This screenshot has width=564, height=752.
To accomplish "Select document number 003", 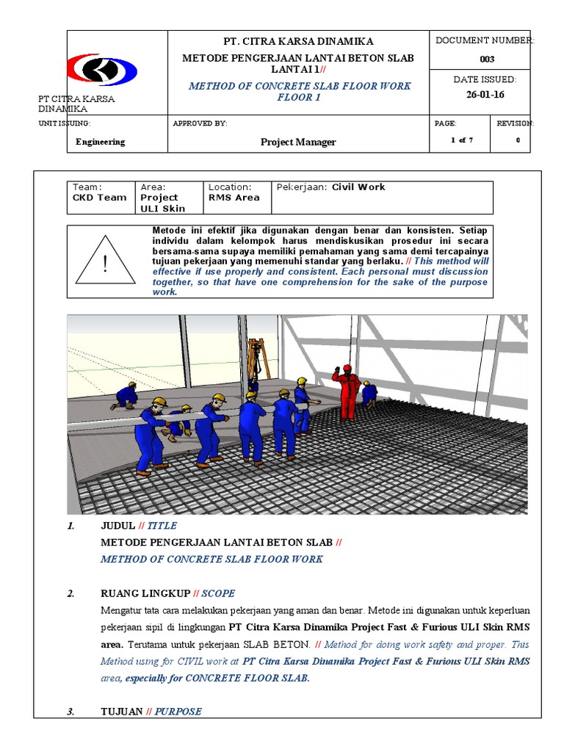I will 487,59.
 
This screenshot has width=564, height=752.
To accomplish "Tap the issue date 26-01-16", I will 485,95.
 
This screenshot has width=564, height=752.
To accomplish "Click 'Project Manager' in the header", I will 298,142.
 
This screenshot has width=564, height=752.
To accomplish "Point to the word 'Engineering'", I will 101,142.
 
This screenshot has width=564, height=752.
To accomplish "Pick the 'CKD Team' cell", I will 100,198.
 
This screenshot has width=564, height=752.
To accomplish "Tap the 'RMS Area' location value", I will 234,198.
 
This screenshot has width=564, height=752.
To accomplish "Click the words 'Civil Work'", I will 358,187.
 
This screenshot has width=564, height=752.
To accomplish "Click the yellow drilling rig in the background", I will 255,360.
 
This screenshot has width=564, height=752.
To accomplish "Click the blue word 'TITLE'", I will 162,526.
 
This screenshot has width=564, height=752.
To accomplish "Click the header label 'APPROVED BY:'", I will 200,123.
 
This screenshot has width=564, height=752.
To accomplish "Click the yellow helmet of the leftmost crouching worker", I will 132,384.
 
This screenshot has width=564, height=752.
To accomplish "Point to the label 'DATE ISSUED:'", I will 485,79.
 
